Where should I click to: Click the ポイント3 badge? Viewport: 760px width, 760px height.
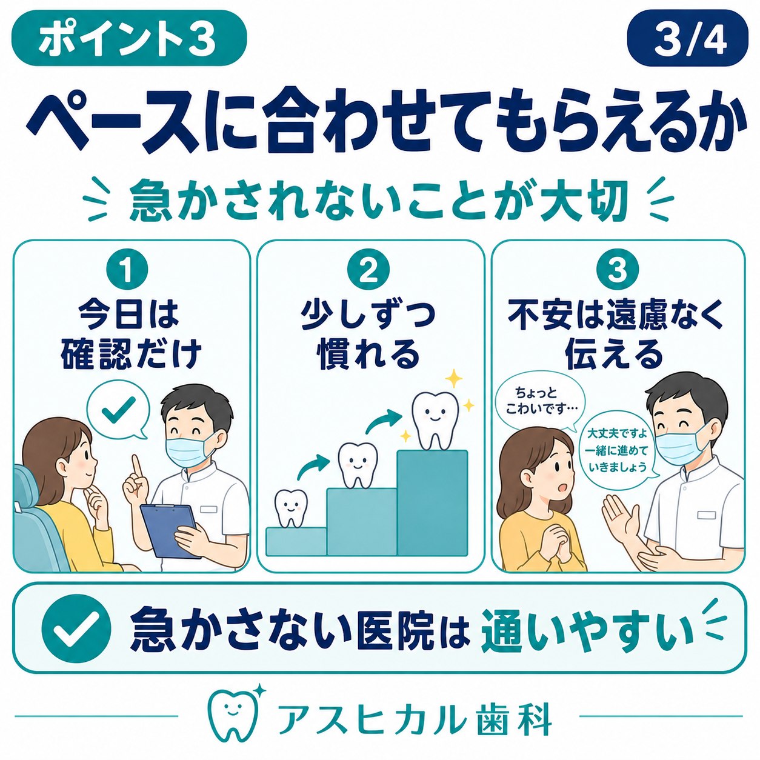pos(129,38)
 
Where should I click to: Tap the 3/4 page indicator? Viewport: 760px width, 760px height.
pos(687,38)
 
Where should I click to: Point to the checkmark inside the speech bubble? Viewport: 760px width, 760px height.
pos(118,410)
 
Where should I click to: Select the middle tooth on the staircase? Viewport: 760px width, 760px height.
pos(356,465)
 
